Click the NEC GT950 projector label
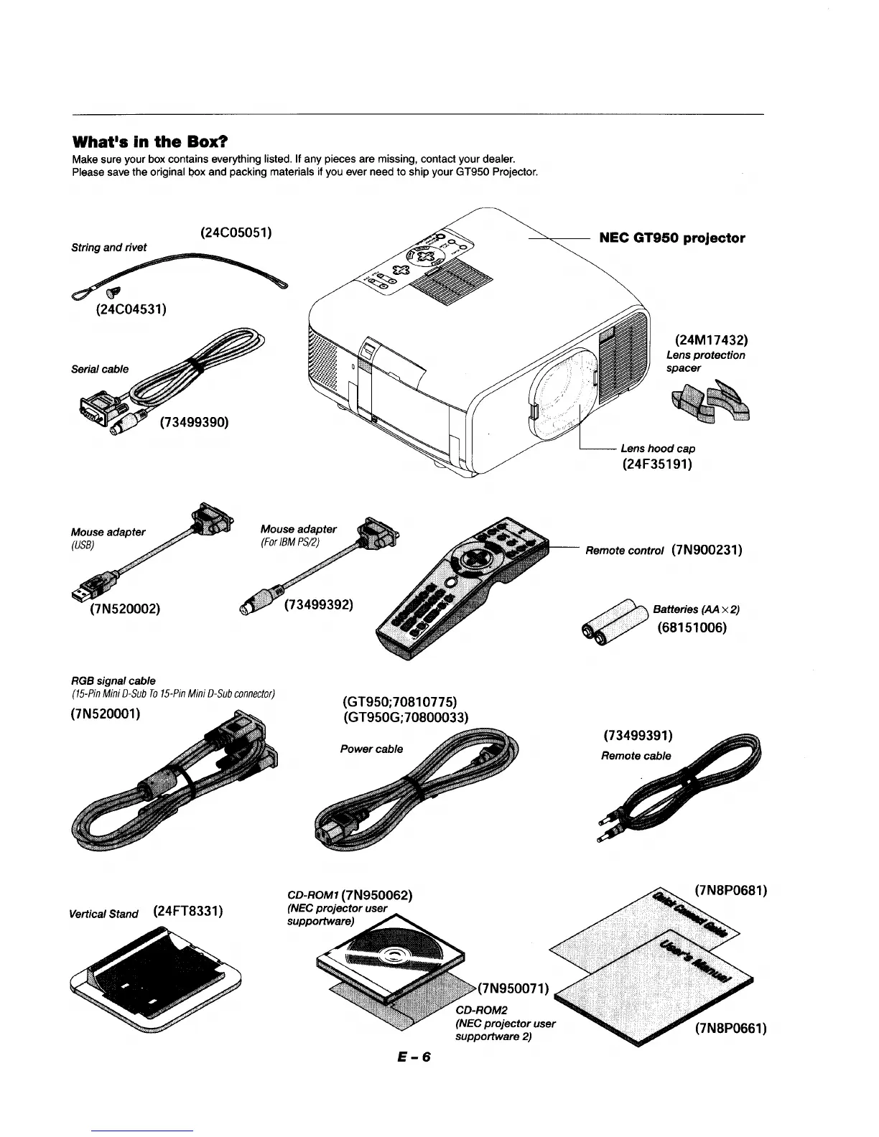click(671, 238)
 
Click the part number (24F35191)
click(657, 464)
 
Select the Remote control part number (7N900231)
click(707, 551)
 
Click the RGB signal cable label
click(113, 680)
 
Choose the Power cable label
click(371, 749)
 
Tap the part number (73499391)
click(638, 736)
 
